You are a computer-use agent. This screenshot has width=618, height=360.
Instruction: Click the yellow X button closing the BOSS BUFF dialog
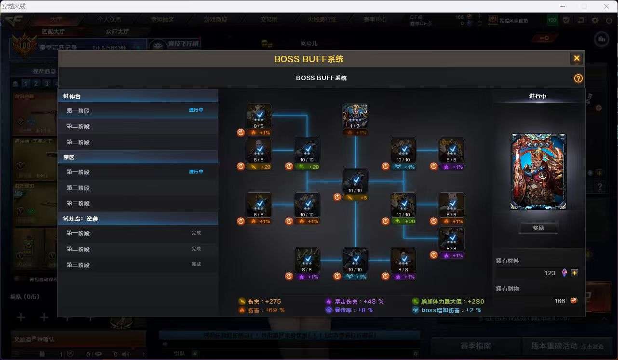tap(577, 59)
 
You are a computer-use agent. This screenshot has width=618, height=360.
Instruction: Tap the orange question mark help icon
tap(578, 79)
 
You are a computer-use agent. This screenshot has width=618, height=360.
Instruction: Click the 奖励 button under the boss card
tap(538, 228)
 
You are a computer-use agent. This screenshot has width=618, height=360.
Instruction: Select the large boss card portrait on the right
tap(538, 172)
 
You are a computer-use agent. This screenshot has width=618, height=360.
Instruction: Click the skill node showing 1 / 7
tap(355, 117)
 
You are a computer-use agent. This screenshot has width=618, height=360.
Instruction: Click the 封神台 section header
tap(72, 96)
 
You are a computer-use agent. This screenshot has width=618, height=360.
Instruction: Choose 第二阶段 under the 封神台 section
tap(78, 126)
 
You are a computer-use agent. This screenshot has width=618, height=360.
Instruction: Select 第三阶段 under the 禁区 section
tap(78, 203)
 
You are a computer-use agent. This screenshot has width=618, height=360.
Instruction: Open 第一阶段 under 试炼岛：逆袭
tap(78, 233)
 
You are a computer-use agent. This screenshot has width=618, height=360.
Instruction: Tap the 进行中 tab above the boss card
tap(537, 96)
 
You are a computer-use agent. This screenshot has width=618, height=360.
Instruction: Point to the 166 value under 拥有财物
tap(559, 301)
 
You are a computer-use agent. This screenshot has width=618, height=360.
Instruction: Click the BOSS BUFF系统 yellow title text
tap(309, 59)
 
